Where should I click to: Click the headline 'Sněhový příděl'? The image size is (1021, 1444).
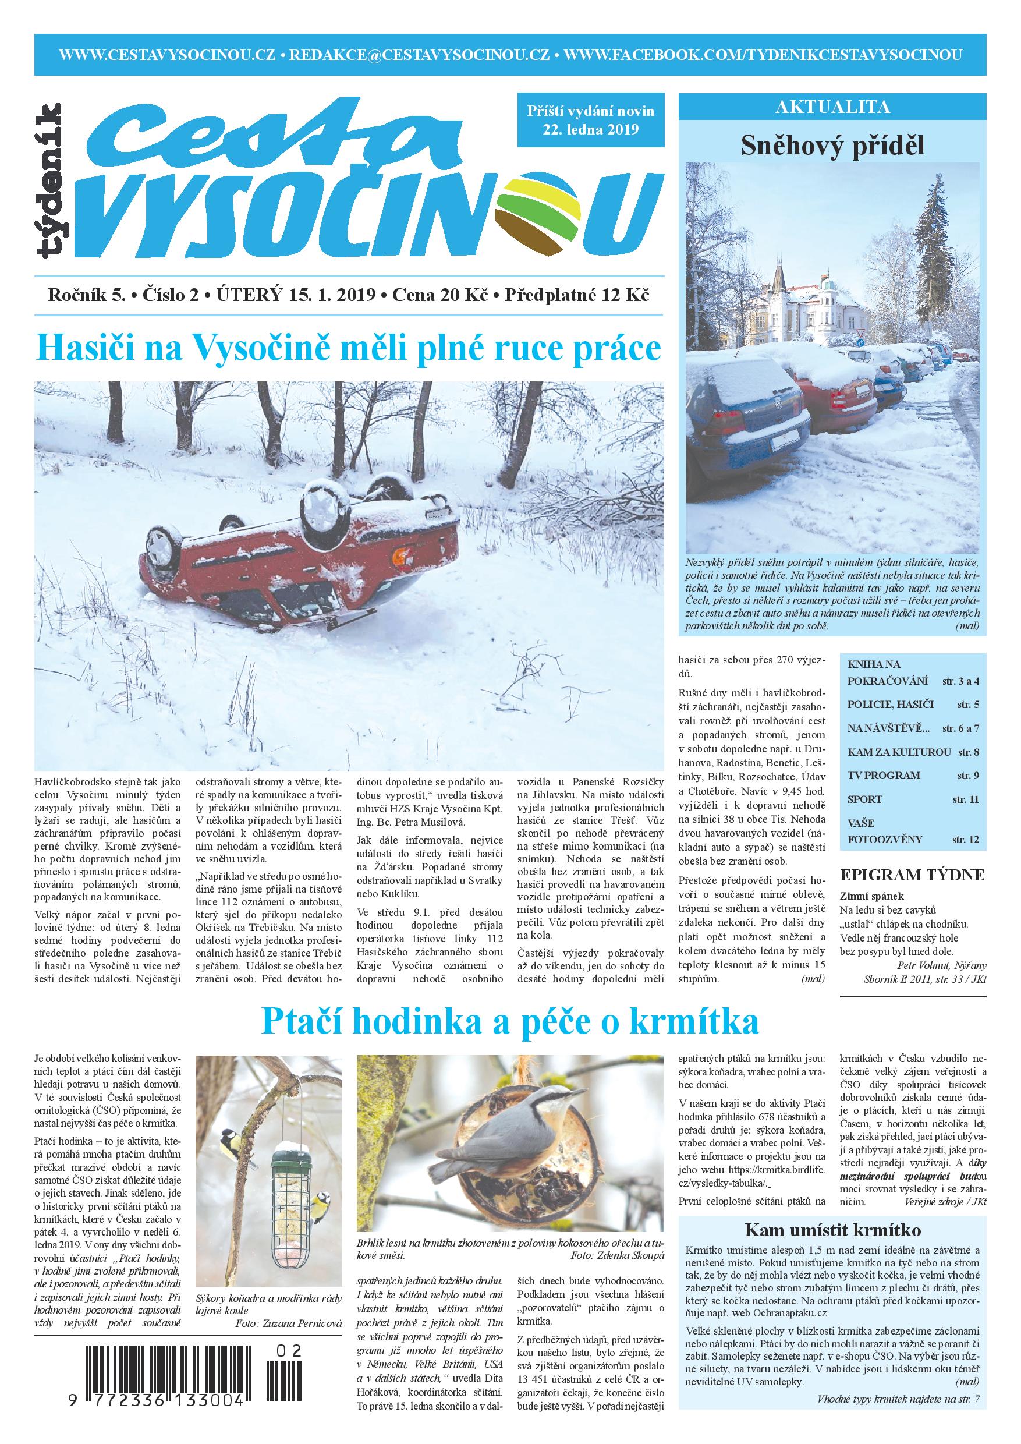coord(832,146)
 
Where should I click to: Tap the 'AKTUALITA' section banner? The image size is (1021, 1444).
coord(832,107)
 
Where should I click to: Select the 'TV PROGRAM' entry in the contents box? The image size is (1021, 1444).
coord(883,776)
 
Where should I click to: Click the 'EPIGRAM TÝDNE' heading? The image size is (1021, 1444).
coord(912,875)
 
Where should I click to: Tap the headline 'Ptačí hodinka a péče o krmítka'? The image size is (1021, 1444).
coord(510,1022)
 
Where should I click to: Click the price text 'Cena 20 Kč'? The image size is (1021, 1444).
coord(440,295)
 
